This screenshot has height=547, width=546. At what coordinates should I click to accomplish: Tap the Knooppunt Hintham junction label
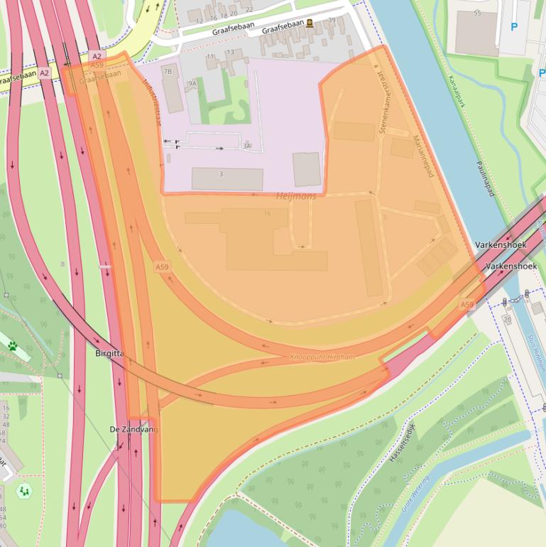[x=322, y=357]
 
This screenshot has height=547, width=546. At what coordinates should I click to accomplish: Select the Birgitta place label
[x=110, y=352]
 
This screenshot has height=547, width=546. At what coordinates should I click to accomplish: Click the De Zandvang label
[x=133, y=429]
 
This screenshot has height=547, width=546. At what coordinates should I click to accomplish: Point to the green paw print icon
[x=13, y=346]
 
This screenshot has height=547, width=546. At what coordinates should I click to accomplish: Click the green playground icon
[x=25, y=490]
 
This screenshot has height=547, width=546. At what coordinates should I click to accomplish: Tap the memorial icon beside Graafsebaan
[x=310, y=23]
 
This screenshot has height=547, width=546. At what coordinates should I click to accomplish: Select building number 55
[x=477, y=13]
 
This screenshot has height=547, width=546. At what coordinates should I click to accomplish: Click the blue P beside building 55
[x=514, y=27]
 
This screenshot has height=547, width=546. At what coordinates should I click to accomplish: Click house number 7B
[x=168, y=72]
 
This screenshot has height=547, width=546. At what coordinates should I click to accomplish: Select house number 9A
[x=192, y=83]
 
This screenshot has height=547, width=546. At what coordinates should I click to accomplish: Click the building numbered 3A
[x=246, y=146]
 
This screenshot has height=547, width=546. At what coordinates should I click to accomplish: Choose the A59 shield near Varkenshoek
[x=466, y=305]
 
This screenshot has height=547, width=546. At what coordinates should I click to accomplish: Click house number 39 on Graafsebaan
[x=332, y=20]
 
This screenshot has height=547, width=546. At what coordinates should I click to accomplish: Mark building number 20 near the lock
[x=508, y=319]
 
